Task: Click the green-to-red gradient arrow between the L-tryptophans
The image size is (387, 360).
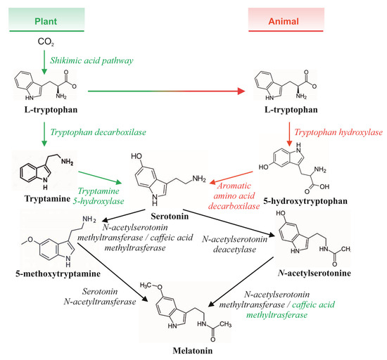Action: tap(176, 90)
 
